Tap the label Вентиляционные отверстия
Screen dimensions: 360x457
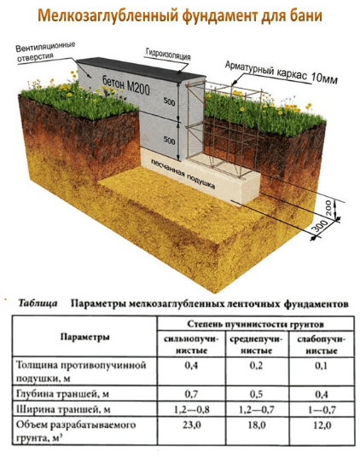(45, 52)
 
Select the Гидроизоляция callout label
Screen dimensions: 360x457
(168, 55)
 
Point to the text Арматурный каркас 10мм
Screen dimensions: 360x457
(281, 72)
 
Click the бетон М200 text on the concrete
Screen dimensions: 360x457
(125, 84)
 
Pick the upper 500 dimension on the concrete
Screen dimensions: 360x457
(170, 101)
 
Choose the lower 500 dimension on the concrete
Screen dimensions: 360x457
(170, 140)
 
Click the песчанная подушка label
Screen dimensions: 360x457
(183, 174)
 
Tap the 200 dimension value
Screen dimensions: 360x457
(328, 208)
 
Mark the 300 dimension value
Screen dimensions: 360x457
(320, 227)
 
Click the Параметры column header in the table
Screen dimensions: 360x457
(84, 338)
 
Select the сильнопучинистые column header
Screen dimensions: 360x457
(191, 344)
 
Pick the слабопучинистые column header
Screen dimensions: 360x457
(322, 344)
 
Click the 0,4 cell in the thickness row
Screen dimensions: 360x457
(191, 366)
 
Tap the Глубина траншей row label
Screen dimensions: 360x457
(62, 394)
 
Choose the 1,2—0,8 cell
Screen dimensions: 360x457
(191, 410)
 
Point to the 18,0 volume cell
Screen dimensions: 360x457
(256, 425)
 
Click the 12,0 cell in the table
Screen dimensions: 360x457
(322, 425)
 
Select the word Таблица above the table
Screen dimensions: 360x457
(38, 304)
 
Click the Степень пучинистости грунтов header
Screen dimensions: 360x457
(255, 324)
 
